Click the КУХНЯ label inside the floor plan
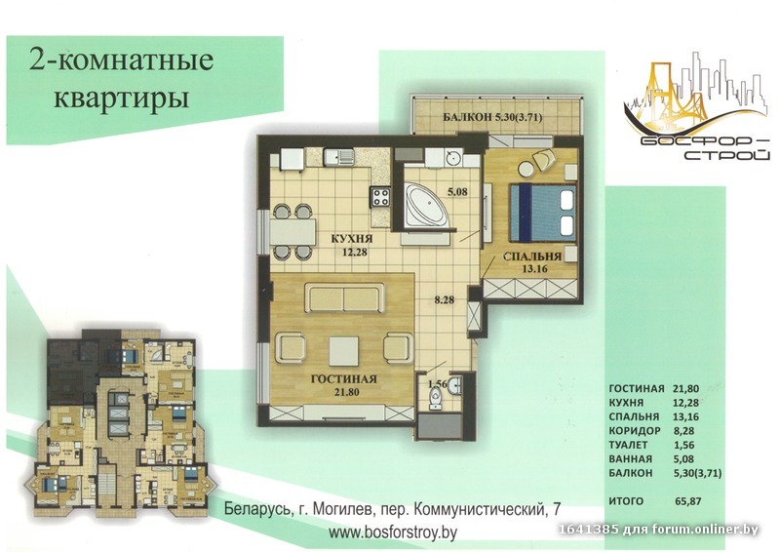tap(352, 239)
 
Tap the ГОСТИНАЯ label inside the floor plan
tap(344, 379)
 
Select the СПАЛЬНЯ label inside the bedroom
tap(532, 256)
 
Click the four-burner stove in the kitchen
tap(381, 197)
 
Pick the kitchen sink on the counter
tap(339, 158)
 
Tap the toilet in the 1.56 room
tap(435, 399)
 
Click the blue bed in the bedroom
tap(543, 213)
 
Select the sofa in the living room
tap(345, 297)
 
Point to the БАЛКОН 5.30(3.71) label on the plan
tap(492, 118)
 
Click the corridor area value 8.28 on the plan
tap(444, 300)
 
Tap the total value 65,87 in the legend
tap(688, 501)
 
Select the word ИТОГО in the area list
tap(626, 501)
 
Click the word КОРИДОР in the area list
tap(635, 430)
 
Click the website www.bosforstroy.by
tap(393, 532)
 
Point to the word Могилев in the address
tap(344, 510)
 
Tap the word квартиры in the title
tap(121, 98)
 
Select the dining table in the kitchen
tap(293, 232)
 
